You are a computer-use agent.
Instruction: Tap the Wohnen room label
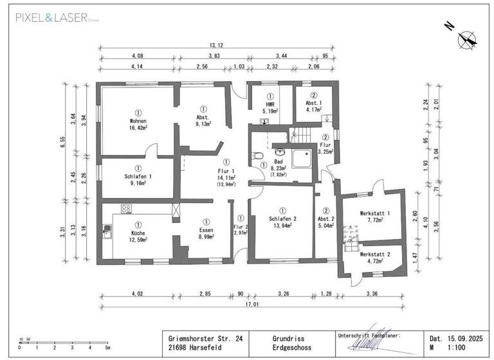click(138, 121)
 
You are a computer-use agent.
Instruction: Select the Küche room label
click(138, 233)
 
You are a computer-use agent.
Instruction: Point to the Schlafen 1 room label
click(138, 176)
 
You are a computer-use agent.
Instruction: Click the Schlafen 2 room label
click(282, 219)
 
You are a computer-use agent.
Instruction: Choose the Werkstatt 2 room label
click(374, 255)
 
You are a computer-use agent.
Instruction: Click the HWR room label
click(270, 104)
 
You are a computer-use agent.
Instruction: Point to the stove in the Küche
click(125, 209)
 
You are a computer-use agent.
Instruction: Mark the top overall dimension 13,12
click(216, 46)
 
